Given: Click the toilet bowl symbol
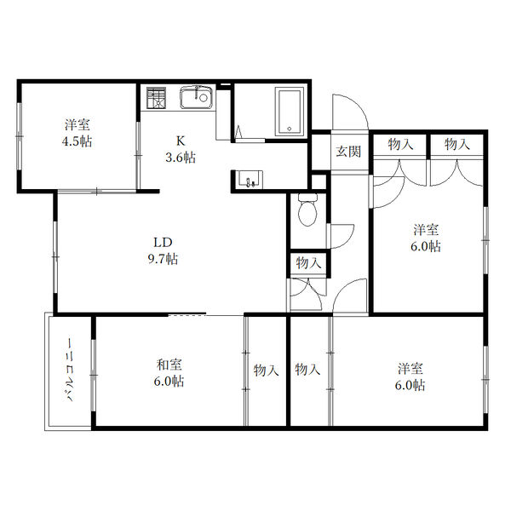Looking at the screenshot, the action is point(307,210).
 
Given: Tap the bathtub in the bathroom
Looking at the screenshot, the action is point(290,112).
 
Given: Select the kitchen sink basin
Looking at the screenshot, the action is point(196,97).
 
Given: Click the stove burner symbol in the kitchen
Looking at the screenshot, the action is point(156,97).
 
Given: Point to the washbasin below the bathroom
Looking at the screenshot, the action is point(250,180).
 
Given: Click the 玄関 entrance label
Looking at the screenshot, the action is point(348,152).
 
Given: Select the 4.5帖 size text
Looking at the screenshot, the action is point(77,141).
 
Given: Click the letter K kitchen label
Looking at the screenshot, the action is point(181,141).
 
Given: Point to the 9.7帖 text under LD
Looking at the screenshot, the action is point(163,259).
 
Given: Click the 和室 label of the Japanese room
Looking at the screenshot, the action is point(169,365).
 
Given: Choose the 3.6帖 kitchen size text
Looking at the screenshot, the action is point(181,158).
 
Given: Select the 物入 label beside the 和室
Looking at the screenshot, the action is point(267,370).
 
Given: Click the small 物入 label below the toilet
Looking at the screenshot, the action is point(308,262).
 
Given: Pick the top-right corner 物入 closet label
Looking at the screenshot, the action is point(457,144).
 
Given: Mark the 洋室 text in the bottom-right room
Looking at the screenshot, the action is point(411,369).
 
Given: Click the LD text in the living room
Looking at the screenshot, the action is point(163,243).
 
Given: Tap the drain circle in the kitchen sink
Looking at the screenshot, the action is point(204,97).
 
